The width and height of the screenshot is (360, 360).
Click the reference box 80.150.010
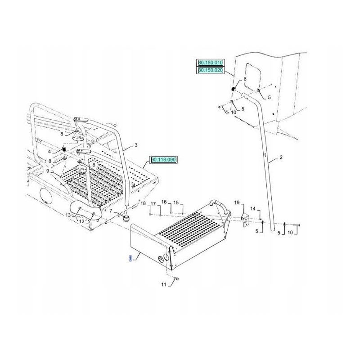coord(210,63)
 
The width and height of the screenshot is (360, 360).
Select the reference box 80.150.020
coord(210,70)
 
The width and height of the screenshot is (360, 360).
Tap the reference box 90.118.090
coord(164,159)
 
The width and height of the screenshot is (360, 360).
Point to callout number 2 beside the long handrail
coord(281,157)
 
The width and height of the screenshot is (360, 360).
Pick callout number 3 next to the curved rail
coord(136,145)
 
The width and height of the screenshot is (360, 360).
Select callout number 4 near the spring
coord(50,151)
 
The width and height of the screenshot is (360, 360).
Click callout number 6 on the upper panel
coord(245,79)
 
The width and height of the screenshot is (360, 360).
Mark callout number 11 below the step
coord(164,284)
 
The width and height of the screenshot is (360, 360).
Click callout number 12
coord(82,222)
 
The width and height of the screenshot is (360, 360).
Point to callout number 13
coord(68,215)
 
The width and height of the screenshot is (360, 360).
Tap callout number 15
coord(176,202)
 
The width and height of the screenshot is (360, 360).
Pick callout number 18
coord(143,204)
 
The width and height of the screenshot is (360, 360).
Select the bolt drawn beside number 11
coord(176,279)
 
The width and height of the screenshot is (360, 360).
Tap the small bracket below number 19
coord(246,220)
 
